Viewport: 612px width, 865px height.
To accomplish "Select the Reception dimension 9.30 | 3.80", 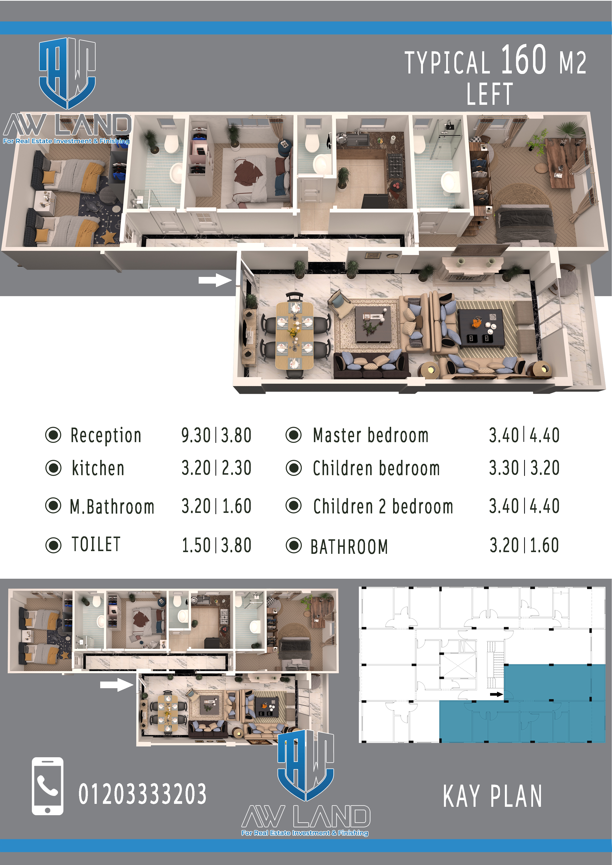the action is [216, 435].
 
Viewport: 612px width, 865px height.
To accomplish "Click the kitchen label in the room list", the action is [98, 468].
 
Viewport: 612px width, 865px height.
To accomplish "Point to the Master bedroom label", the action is [371, 435].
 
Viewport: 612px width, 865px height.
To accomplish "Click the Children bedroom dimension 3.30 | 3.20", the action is [524, 468].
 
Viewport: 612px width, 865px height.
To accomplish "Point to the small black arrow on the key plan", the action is [497, 694].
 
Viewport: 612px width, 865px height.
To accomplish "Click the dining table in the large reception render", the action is [294, 335].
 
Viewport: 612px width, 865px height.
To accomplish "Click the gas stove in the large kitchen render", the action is [397, 165].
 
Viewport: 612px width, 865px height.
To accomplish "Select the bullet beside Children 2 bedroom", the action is [294, 505].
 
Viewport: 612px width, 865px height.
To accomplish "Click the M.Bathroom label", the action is [112, 507].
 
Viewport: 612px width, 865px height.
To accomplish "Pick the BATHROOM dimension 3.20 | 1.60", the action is [524, 545].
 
